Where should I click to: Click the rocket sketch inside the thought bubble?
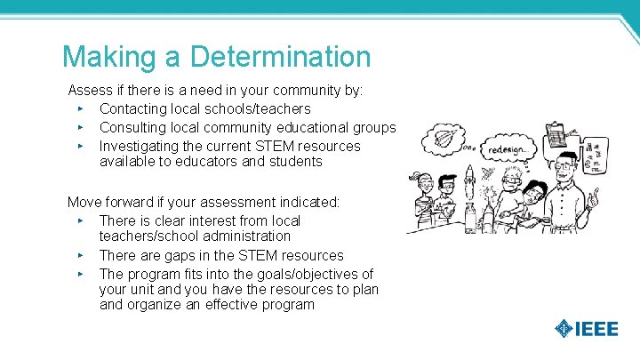point(444,140)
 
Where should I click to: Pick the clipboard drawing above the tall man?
point(556,135)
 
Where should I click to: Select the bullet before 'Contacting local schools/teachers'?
point(80,109)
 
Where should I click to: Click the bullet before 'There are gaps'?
point(80,256)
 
